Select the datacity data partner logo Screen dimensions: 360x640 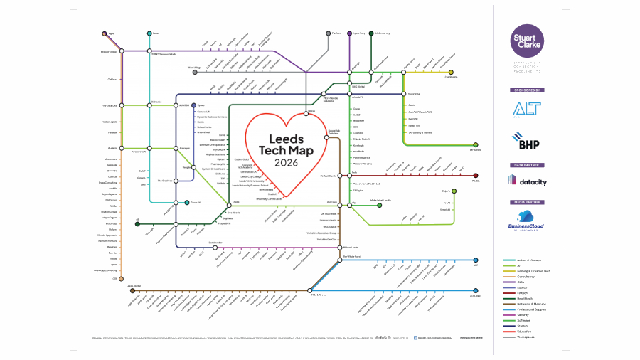[528, 181]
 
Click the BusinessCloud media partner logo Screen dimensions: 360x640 [528, 219]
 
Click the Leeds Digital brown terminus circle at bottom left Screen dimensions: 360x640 [132, 290]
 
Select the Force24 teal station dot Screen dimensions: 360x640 [186, 203]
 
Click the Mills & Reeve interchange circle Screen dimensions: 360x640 [310, 290]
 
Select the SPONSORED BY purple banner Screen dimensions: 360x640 [528, 90]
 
